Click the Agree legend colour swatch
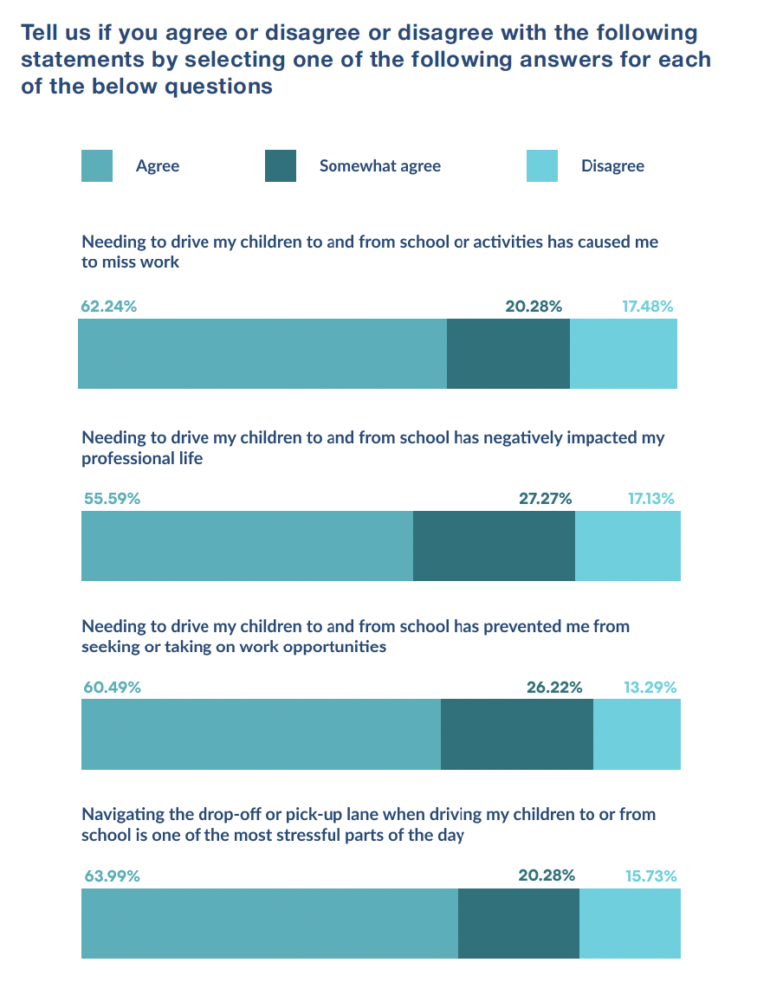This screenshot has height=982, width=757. tap(96, 166)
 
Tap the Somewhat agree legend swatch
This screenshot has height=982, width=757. tap(280, 166)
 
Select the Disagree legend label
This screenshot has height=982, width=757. tap(612, 166)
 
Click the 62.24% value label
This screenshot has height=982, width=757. tap(109, 307)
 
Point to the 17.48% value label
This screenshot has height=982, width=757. tap(648, 307)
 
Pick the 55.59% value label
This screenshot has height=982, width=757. tap(112, 499)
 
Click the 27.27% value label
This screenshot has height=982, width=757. tap(546, 499)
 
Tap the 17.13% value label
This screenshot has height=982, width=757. tap(650, 499)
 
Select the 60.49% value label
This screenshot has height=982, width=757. tap(112, 688)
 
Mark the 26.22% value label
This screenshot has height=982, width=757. tap(554, 688)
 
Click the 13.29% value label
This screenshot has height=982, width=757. tap(650, 688)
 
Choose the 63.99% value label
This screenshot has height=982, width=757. tap(112, 876)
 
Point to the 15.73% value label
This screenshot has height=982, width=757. tap(650, 876)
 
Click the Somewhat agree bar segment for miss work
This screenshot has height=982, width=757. tap(508, 354)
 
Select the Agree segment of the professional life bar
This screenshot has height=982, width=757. tap(247, 546)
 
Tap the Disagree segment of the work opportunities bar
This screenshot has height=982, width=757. tap(637, 734)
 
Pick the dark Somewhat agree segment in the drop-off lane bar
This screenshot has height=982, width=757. tap(518, 923)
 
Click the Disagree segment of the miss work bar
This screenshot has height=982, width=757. tap(624, 354)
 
